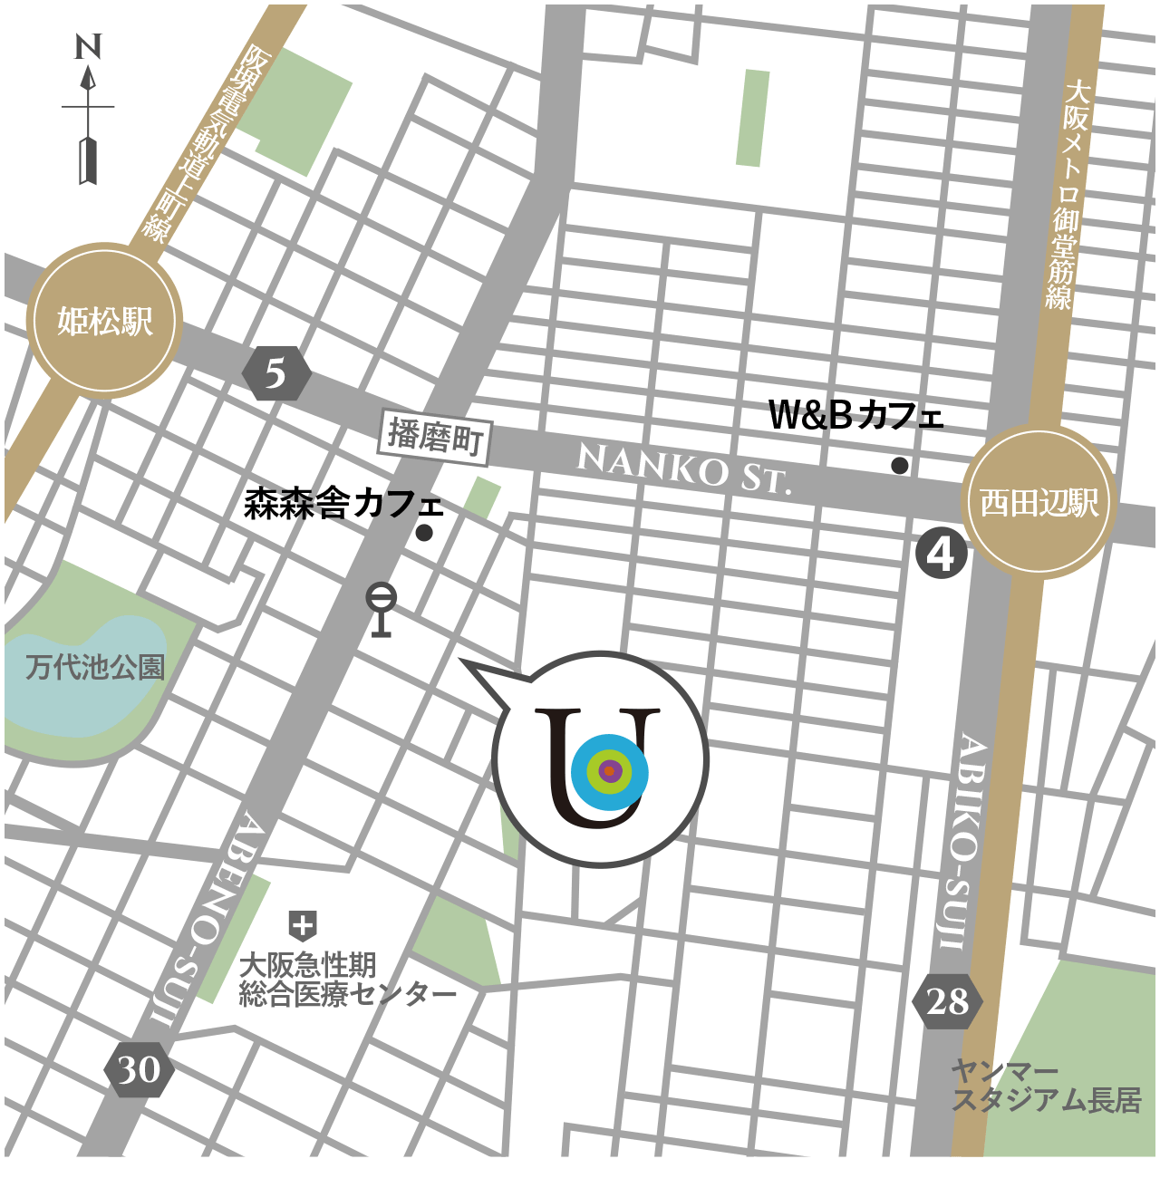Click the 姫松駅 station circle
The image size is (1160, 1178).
(105, 321)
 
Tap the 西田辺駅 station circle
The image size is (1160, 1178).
(1039, 501)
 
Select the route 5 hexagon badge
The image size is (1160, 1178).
(276, 373)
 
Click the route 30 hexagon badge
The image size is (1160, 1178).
(139, 1070)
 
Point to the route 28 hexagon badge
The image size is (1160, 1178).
(947, 1001)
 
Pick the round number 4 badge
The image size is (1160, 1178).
(942, 554)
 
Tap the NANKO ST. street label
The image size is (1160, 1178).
(684, 468)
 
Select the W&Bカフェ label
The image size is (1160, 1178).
(855, 416)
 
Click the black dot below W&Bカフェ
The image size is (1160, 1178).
(899, 466)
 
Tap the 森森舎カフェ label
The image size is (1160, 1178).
(343, 504)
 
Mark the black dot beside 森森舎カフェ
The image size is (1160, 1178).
(424, 533)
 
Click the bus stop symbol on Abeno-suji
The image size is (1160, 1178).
(381, 609)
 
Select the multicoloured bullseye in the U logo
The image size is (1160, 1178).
(609, 772)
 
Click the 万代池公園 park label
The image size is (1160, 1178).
(95, 668)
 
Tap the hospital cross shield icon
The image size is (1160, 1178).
(302, 926)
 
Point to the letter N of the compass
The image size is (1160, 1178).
(88, 46)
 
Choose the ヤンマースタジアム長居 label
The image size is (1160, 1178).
(1044, 1086)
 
